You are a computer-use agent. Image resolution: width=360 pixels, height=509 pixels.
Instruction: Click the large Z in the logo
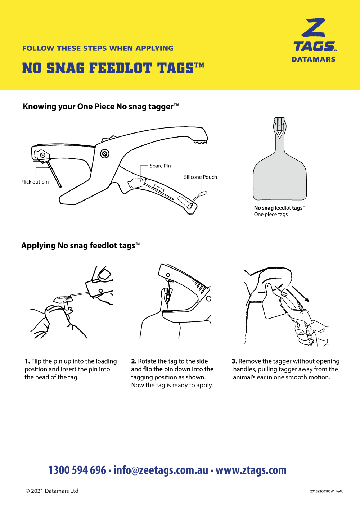pos(314,28)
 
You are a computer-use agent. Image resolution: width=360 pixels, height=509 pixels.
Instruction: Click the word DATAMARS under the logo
pos(313,59)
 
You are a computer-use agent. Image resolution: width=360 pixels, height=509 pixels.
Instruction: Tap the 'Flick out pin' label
pos(35,182)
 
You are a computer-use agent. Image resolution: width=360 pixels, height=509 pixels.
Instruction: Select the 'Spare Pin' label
pos(160,166)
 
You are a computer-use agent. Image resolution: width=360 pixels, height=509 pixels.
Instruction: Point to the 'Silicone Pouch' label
pos(201,177)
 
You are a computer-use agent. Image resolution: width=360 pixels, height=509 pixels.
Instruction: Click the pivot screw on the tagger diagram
pos(105,154)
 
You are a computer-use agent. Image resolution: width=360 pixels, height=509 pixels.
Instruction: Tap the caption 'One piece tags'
pos(271,215)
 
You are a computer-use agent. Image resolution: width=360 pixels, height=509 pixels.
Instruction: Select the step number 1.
pos(27,361)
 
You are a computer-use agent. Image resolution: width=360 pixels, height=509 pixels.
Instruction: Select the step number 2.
pos(134,361)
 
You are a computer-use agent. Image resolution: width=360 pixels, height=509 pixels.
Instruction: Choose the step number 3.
pos(234,361)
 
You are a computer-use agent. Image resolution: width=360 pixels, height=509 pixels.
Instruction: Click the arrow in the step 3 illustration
pos(301,294)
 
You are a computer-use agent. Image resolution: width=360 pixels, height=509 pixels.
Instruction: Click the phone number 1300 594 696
pos(77,470)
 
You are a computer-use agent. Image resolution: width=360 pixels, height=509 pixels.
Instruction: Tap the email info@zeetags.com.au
pos(161,470)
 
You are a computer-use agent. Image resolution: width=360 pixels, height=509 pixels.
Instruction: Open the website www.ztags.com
pos(251,470)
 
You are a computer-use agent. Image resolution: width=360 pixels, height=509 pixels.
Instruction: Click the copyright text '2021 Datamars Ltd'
pos(54,491)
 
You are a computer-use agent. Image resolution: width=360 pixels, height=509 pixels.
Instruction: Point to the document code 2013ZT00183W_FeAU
pos(327,491)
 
